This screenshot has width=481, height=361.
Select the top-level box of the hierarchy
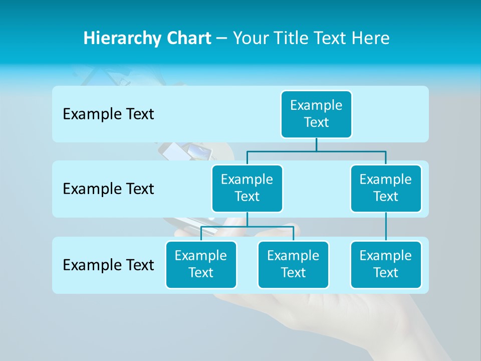pyautogui.click(x=316, y=114)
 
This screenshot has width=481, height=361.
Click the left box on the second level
pyautogui.click(x=247, y=188)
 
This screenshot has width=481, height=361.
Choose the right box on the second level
pyautogui.click(x=386, y=188)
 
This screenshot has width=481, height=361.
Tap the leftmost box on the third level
pyautogui.click(x=201, y=264)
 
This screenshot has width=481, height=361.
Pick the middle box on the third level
pyautogui.click(x=293, y=264)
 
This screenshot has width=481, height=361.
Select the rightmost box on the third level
pyautogui.click(x=386, y=264)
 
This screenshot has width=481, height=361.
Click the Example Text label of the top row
pyautogui.click(x=108, y=114)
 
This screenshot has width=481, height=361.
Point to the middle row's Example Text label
pyautogui.click(x=108, y=189)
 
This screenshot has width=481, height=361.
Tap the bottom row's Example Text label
pyautogui.click(x=108, y=265)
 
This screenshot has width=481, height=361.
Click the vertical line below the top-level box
pyautogui.click(x=316, y=144)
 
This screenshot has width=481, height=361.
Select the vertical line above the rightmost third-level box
pyautogui.click(x=386, y=227)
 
